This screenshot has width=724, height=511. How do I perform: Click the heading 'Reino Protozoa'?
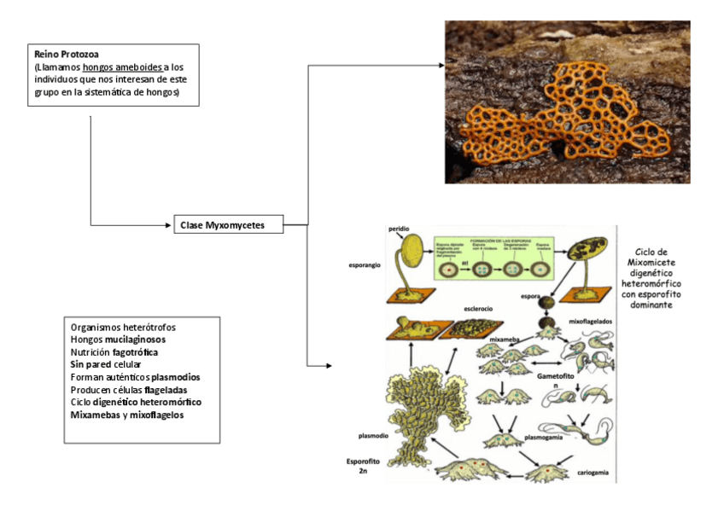pyautogui.click(x=62, y=55)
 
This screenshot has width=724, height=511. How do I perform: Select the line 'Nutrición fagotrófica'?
pyautogui.click(x=114, y=351)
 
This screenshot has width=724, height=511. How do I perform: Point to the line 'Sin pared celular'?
pyautogui.click(x=106, y=364)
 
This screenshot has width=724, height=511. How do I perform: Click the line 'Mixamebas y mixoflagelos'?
pyautogui.click(x=127, y=415)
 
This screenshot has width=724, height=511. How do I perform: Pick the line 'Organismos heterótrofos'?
pyautogui.click(x=123, y=327)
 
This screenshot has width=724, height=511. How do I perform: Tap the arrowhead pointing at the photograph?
pyautogui.click(x=441, y=66)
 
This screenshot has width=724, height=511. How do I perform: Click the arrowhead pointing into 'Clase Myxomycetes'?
pyautogui.click(x=168, y=226)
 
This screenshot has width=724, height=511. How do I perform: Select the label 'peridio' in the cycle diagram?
pyautogui.click(x=400, y=229)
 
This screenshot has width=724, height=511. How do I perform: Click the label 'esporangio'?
pyautogui.click(x=365, y=265)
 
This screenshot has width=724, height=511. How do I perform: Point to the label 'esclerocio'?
pyautogui.click(x=480, y=308)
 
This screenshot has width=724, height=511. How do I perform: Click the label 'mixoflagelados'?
pyautogui.click(x=590, y=322)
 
